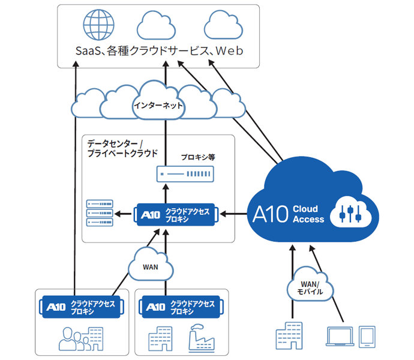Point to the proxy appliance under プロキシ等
[x=185, y=175]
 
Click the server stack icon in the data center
[x=100, y=213]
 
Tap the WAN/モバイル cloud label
[x=310, y=287]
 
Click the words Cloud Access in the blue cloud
[x=308, y=214]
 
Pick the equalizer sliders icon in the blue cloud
[x=349, y=212]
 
